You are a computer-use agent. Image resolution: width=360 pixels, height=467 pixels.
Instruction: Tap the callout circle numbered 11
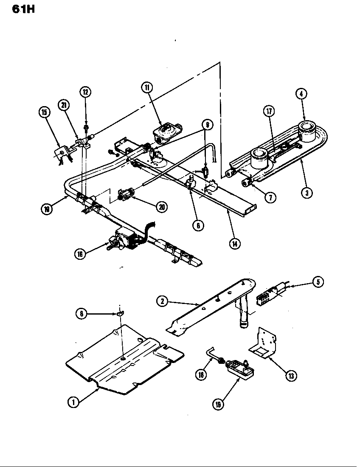[146, 88]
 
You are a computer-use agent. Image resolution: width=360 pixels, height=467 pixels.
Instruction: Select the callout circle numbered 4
[302, 94]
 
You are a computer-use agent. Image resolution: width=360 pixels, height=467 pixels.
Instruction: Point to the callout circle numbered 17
[269, 112]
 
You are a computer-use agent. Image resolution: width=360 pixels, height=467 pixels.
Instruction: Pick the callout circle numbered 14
[233, 243]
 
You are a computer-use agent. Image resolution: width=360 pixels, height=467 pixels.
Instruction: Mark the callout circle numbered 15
[44, 112]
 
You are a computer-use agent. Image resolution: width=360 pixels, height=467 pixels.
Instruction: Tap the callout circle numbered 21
[64, 106]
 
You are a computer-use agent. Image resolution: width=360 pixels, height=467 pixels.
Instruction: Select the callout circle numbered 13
[291, 375]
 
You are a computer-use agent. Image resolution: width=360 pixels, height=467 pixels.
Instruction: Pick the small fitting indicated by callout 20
[124, 195]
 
